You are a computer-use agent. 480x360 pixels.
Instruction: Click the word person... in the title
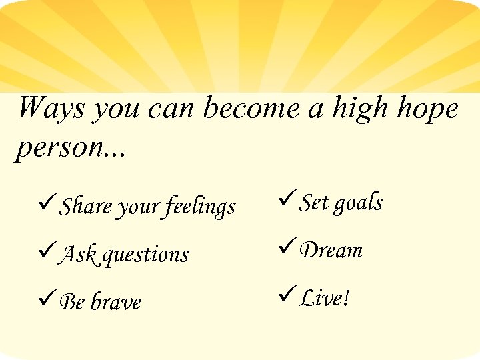pos(70,148)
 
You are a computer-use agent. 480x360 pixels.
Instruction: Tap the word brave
pos(116,302)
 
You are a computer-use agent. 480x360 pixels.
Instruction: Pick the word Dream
pos(331,250)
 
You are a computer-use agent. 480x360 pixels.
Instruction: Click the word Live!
pos(325,297)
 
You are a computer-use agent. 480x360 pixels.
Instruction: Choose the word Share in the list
pos(86,205)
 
